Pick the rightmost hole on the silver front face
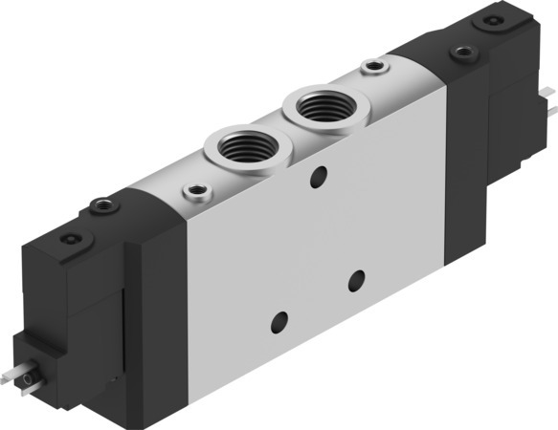(x=358, y=279)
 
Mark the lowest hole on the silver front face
(x=279, y=320)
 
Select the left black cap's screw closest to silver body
(x=99, y=203)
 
